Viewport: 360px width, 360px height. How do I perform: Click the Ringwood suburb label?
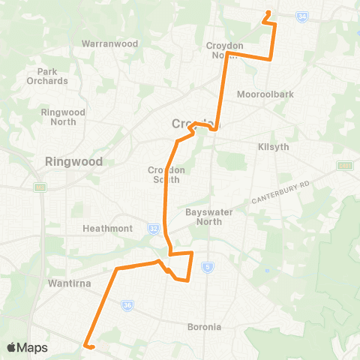73,161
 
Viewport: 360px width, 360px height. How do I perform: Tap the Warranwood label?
110,43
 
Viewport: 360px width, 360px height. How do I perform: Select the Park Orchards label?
47,76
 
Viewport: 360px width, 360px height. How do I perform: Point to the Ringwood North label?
63,117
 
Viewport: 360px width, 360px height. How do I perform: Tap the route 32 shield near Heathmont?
153,227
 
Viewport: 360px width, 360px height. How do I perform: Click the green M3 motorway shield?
40,186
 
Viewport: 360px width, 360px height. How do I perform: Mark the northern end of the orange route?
268,13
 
